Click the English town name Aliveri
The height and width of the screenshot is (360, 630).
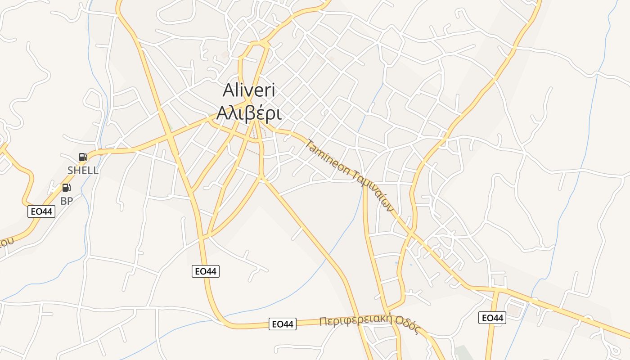tap(249, 91)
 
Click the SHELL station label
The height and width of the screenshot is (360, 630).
tap(83, 171)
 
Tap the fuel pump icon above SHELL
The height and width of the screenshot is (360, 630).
tap(83, 157)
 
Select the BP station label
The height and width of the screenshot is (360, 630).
tap(67, 201)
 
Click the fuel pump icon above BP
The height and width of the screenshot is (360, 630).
tap(66, 188)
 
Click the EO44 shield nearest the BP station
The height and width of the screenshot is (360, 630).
tap(41, 211)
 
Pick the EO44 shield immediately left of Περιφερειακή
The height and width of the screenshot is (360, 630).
tap(283, 324)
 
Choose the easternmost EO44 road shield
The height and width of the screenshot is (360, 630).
tap(492, 318)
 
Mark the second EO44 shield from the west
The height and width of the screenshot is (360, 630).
tap(206, 271)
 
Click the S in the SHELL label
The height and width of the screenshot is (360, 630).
tap(70, 171)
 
